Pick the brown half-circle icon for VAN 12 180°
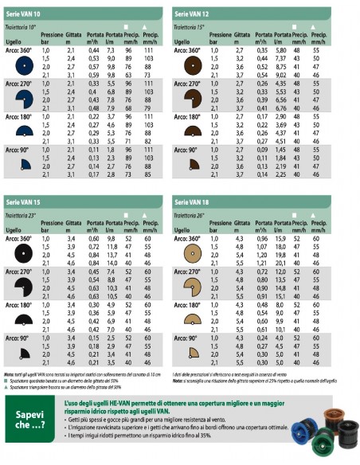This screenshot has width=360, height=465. (193, 131)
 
